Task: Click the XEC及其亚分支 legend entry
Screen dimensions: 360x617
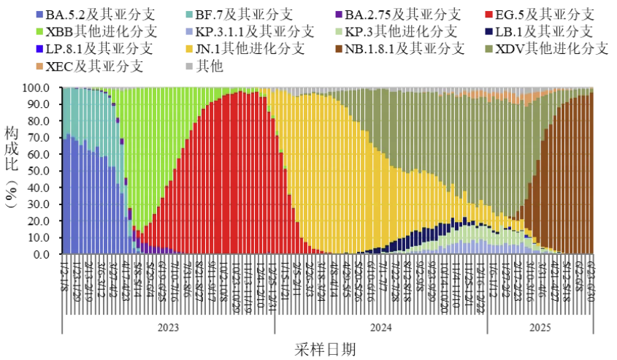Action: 93,66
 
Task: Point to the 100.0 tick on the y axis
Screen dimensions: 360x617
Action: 37,88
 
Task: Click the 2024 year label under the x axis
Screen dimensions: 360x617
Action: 380,326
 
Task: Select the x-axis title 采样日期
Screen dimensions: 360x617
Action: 326,349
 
